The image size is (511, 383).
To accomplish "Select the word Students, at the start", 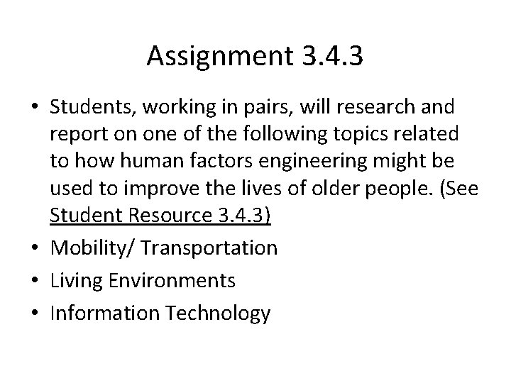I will pyautogui.click(x=94, y=107).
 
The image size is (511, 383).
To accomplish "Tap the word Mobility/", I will pyautogui.click(x=95, y=248).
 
